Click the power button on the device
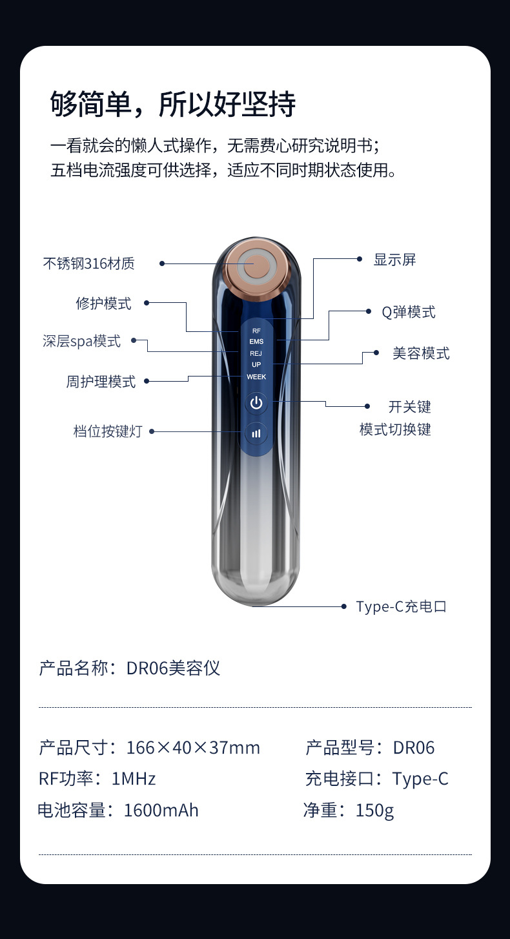(256, 404)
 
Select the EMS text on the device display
(256, 342)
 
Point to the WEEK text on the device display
(256, 377)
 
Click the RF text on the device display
(256, 331)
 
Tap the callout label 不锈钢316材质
(89, 263)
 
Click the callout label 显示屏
(395, 260)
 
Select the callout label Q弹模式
(409, 312)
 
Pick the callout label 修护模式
(103, 303)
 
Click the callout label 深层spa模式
(82, 341)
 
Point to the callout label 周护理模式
(101, 382)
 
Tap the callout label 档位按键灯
(107, 431)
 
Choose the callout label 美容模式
(421, 353)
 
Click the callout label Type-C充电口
(402, 606)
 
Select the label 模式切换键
(395, 429)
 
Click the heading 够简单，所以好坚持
(173, 104)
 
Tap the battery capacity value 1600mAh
(161, 810)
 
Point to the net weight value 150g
(374, 810)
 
